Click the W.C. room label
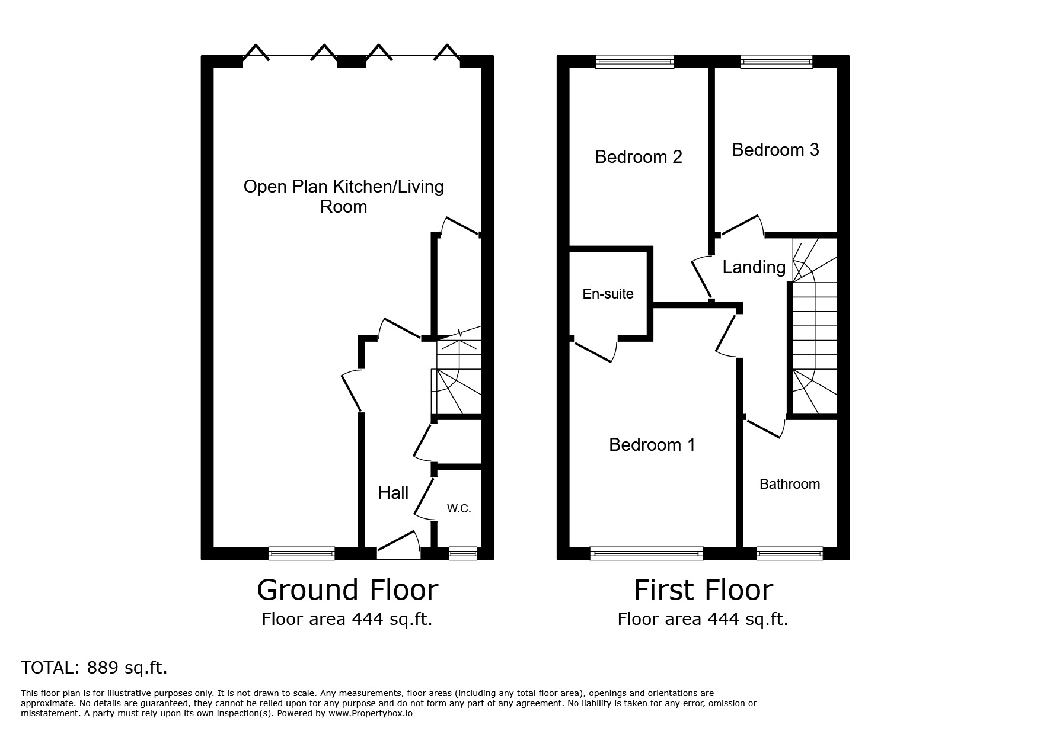[x=459, y=508]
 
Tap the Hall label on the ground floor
[x=394, y=492]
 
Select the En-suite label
[x=608, y=294]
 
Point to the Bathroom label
[x=790, y=484]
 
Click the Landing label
[x=754, y=267]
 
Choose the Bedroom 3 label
[x=775, y=150]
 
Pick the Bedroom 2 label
[x=639, y=156]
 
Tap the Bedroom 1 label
[x=652, y=444]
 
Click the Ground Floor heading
[x=347, y=590]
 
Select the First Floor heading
[x=703, y=590]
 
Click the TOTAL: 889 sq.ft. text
[x=94, y=668]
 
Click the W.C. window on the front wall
[x=462, y=553]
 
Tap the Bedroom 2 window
[x=634, y=61]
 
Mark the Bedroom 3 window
[x=776, y=61]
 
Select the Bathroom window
[x=790, y=553]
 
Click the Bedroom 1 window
[x=646, y=553]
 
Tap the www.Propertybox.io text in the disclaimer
[x=371, y=714]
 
